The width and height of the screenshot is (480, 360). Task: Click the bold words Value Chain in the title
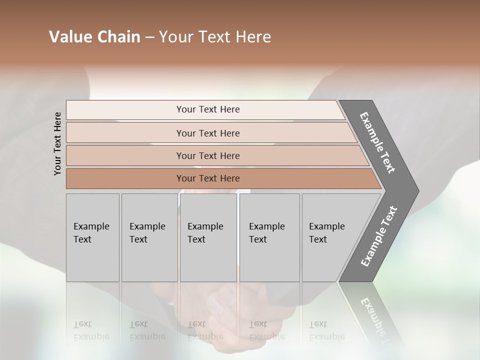pyautogui.click(x=94, y=37)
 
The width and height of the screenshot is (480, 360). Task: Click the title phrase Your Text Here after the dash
pyautogui.click(x=215, y=37)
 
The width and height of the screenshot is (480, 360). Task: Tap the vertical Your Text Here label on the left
pyautogui.click(x=57, y=143)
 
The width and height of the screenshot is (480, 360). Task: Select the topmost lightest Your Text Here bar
pyautogui.click(x=207, y=109)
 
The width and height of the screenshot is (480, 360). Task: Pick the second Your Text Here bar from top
pyautogui.click(x=207, y=133)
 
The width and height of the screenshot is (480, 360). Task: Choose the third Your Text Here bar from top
pyautogui.click(x=207, y=155)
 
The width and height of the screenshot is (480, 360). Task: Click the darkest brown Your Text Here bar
pyautogui.click(x=207, y=178)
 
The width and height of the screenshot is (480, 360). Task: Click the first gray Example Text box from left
pyautogui.click(x=92, y=237)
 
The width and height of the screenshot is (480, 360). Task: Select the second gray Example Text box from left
pyautogui.click(x=149, y=237)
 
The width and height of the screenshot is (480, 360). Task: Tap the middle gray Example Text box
pyautogui.click(x=208, y=237)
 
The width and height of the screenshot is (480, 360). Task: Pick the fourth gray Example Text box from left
pyautogui.click(x=269, y=237)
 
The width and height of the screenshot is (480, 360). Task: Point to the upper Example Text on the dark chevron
pyautogui.click(x=378, y=142)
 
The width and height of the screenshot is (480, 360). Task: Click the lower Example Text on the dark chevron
pyautogui.click(x=378, y=236)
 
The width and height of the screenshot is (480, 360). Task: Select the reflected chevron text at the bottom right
pyautogui.click(x=375, y=315)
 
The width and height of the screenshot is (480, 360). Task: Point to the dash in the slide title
pyautogui.click(x=149, y=37)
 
